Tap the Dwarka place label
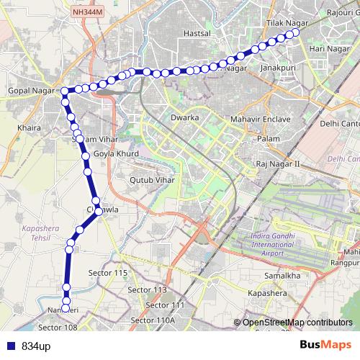184,116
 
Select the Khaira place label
29,127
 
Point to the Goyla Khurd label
116,154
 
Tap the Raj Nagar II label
277,165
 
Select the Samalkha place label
282,276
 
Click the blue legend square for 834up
11,346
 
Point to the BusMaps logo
325,345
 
